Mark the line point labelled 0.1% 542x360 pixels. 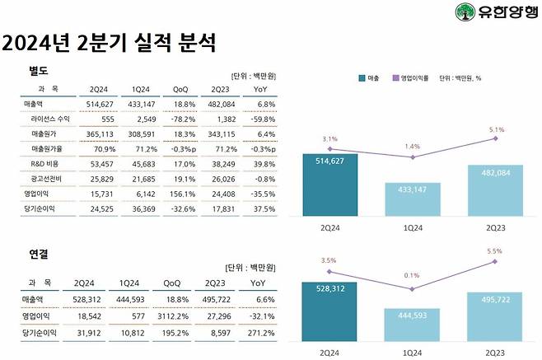coord(411,277)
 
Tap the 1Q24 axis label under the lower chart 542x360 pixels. coord(411,351)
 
